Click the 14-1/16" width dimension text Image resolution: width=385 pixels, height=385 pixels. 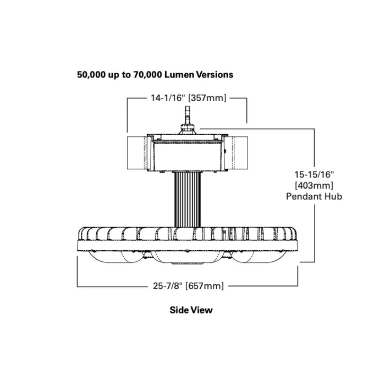pyautogui.click(x=168, y=98)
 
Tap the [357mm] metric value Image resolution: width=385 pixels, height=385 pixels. pyautogui.click(x=208, y=98)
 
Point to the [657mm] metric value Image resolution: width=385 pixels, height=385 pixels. pyautogui.click(x=205, y=285)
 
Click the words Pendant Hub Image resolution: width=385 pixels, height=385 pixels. pyautogui.click(x=314, y=196)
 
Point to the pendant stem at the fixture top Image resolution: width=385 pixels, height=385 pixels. pyautogui.click(x=187, y=116)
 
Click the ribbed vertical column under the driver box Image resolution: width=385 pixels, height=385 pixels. pyautogui.click(x=187, y=199)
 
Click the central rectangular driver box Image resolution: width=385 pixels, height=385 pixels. pyautogui.click(x=187, y=154)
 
